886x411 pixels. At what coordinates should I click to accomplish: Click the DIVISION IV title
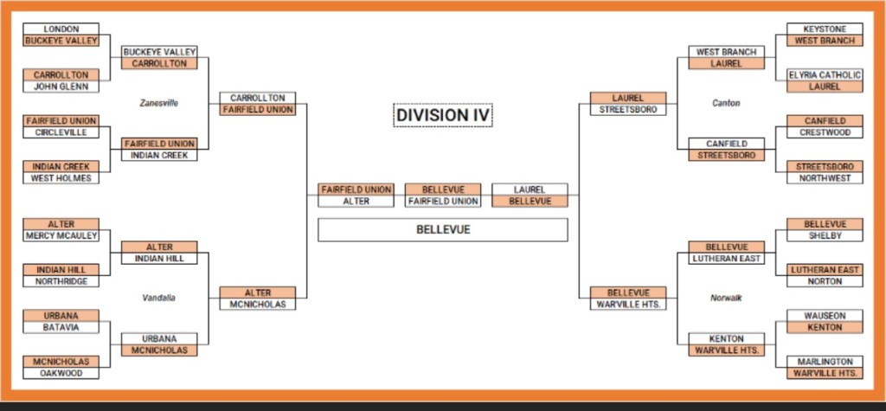(x=443, y=114)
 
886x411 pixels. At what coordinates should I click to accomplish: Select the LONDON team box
(x=61, y=29)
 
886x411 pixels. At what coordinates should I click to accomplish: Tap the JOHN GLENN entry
(x=61, y=87)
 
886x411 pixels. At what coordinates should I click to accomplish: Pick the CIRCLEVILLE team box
(x=61, y=132)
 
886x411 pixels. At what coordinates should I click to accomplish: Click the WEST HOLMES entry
(x=61, y=178)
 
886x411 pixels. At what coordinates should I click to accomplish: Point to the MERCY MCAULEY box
(x=61, y=235)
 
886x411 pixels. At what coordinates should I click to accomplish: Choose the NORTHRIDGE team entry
(x=61, y=281)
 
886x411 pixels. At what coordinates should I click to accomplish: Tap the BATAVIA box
(x=61, y=327)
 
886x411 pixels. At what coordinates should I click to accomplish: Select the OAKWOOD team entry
(x=61, y=373)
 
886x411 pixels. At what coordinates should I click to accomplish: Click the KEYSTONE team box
(x=824, y=29)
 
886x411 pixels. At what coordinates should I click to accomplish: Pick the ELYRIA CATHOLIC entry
(x=824, y=75)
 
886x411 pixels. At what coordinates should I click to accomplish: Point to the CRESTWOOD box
(x=824, y=132)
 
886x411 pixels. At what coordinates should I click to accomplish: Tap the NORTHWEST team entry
(x=824, y=178)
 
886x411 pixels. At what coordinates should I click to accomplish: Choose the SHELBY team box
(x=824, y=235)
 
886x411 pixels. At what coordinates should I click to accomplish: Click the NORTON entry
(x=824, y=281)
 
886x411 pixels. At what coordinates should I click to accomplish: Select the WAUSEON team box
(x=824, y=316)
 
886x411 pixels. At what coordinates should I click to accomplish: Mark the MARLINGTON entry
(x=824, y=362)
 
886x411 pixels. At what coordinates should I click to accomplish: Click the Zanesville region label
(x=159, y=102)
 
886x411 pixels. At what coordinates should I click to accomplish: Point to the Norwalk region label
(x=726, y=298)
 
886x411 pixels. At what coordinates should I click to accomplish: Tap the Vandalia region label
(x=159, y=298)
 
